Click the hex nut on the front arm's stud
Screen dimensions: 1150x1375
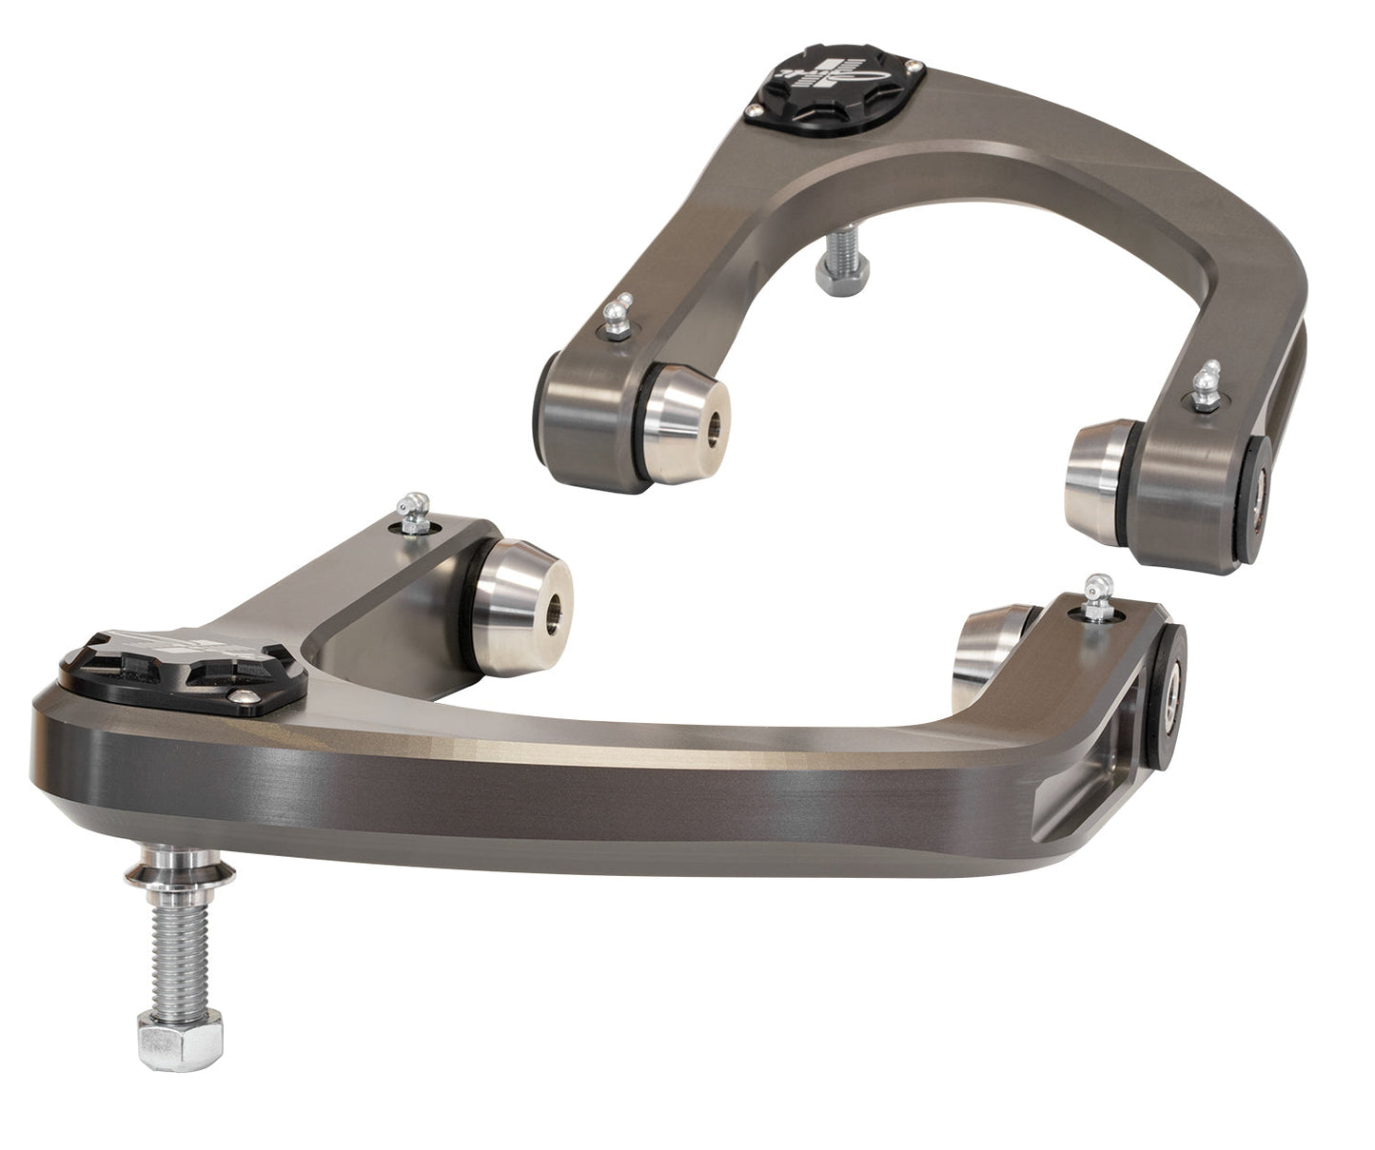[x=180, y=1039]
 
